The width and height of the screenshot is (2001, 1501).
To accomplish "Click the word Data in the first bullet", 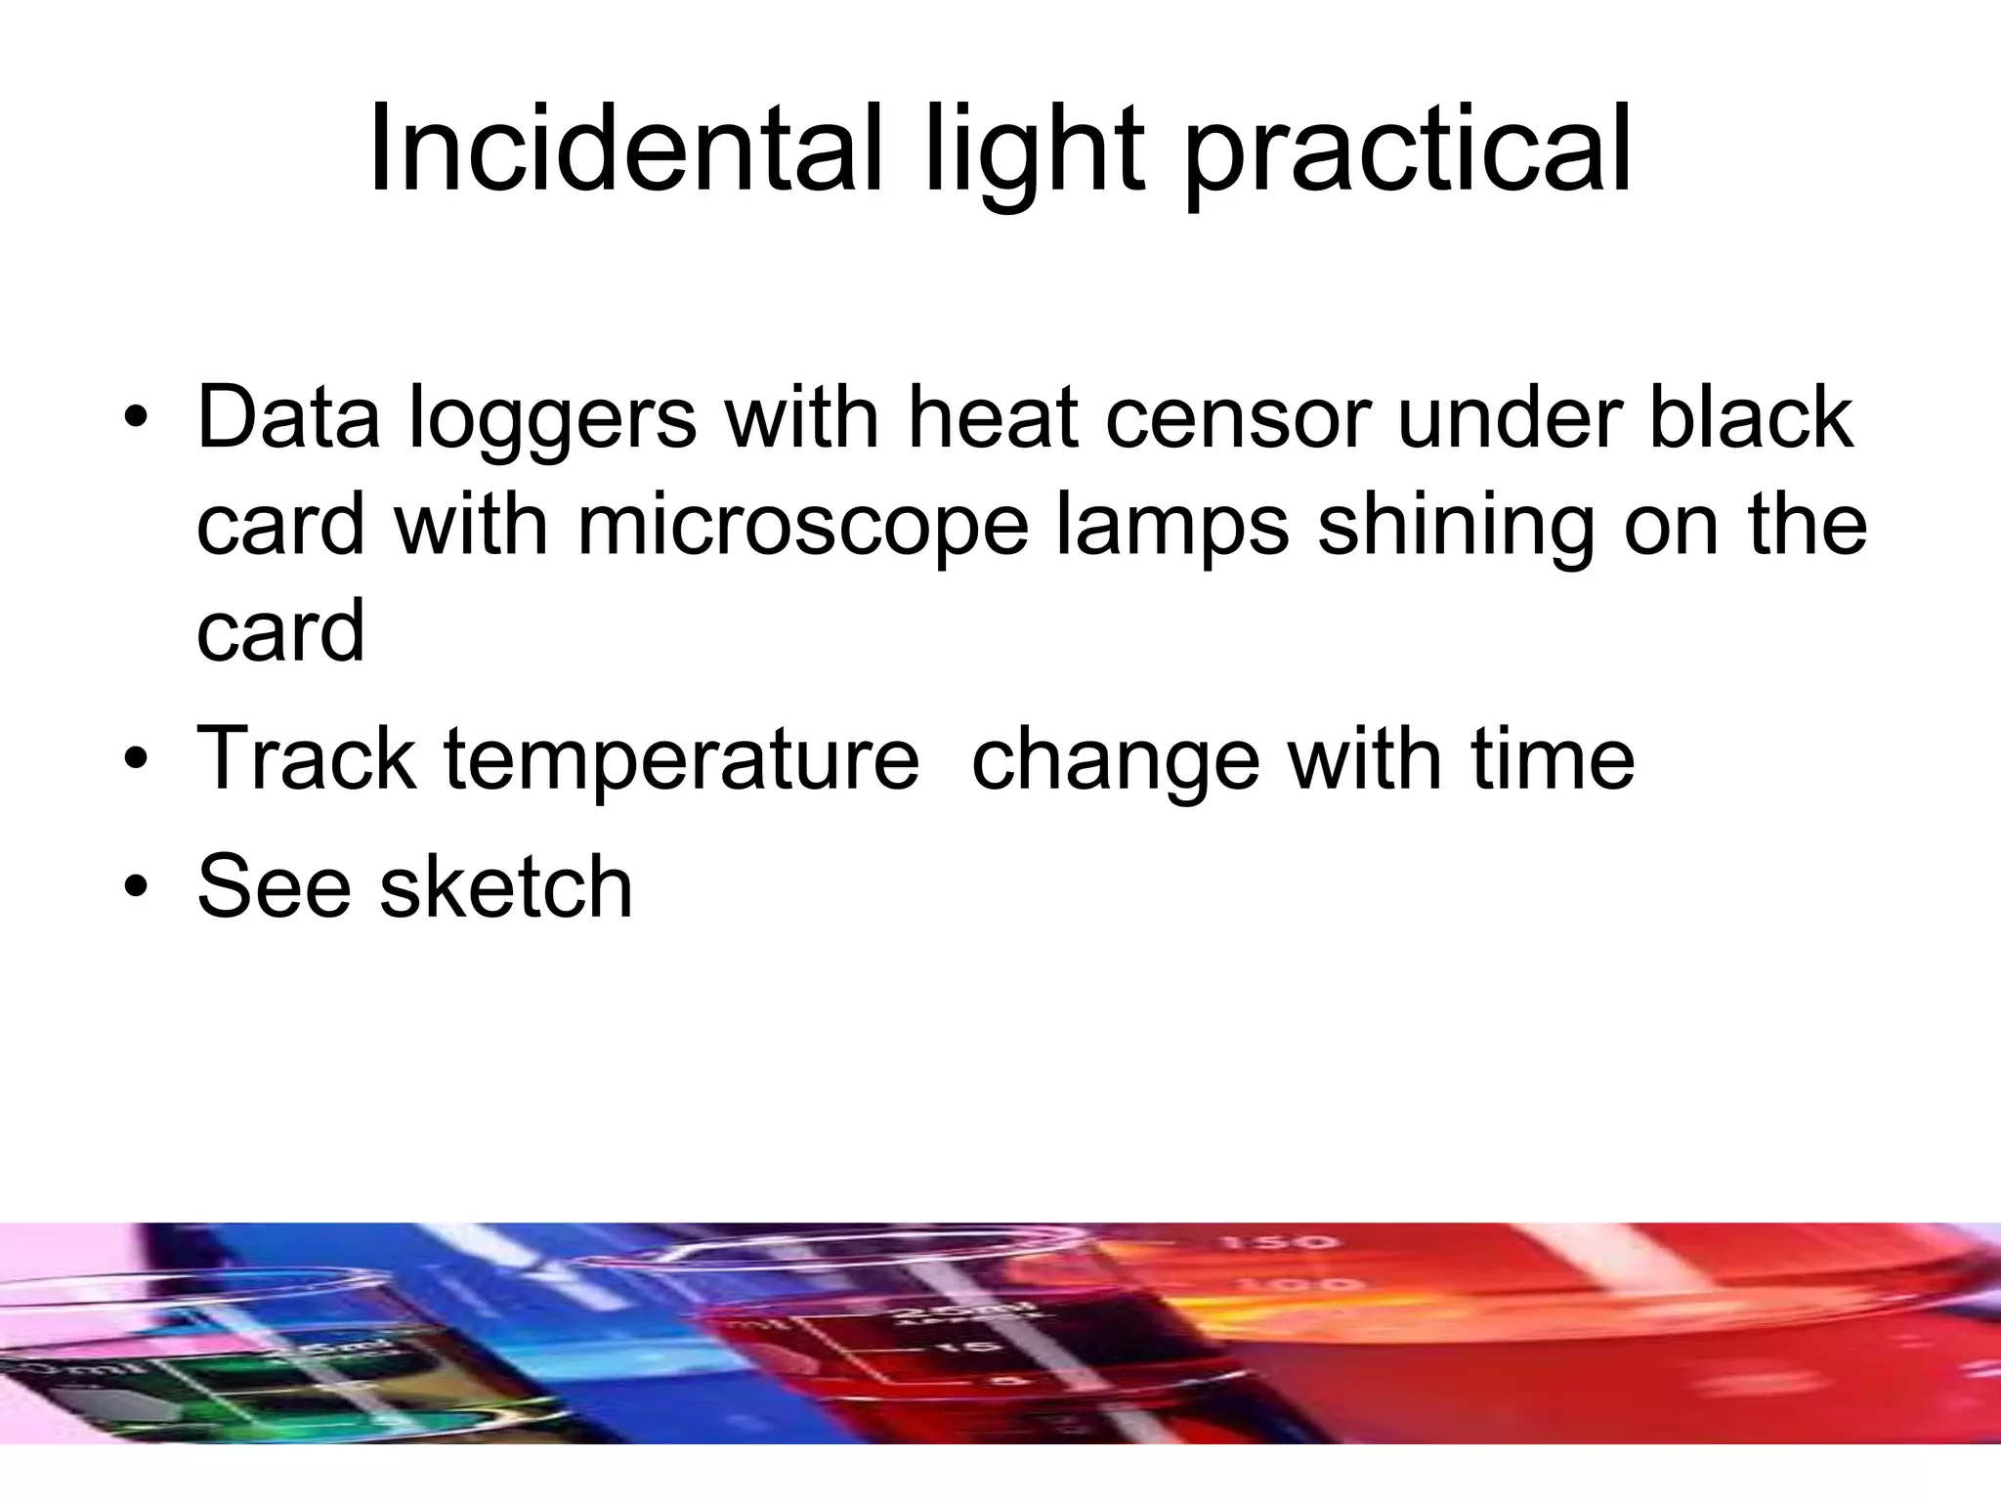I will (x=288, y=417).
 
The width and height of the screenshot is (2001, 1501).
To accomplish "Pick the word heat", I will (x=993, y=417).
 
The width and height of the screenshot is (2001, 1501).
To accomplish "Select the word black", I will (x=1750, y=417).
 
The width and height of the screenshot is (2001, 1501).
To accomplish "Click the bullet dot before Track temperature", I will (x=137, y=759).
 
